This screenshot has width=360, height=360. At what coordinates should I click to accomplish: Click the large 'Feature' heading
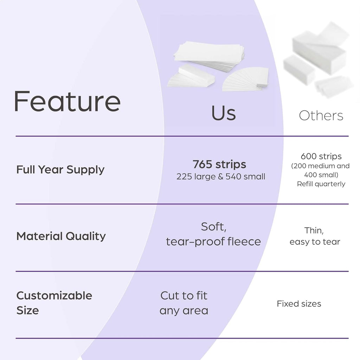(x=67, y=101)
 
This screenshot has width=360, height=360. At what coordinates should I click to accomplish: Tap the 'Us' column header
(x=223, y=113)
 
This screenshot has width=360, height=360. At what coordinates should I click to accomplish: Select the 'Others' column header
(x=321, y=115)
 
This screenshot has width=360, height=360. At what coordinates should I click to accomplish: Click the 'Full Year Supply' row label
(x=60, y=170)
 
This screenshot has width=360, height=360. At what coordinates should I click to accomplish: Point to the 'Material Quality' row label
(x=61, y=236)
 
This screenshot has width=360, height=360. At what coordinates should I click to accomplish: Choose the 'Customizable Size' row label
(x=54, y=303)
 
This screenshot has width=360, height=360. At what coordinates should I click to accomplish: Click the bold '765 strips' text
(x=219, y=164)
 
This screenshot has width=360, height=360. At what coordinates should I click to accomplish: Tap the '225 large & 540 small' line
(x=221, y=176)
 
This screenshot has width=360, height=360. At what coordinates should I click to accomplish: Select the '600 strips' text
(x=321, y=156)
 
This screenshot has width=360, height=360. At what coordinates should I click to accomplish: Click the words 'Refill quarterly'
(x=321, y=184)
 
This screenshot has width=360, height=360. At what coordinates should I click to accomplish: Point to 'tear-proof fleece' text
(x=213, y=242)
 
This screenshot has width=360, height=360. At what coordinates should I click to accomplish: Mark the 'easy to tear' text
(x=315, y=242)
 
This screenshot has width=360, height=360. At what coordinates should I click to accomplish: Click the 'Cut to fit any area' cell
(x=184, y=303)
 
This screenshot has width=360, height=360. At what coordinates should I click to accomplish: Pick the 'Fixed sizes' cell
(x=299, y=304)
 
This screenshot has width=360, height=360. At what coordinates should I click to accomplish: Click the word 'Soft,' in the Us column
(x=214, y=227)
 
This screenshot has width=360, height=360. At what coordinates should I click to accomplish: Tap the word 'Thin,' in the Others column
(x=314, y=231)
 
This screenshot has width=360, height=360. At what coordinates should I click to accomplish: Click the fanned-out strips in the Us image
(x=245, y=79)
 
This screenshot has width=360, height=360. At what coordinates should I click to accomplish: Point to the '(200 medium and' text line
(x=320, y=166)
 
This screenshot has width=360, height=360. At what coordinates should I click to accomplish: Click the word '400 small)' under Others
(x=321, y=175)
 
